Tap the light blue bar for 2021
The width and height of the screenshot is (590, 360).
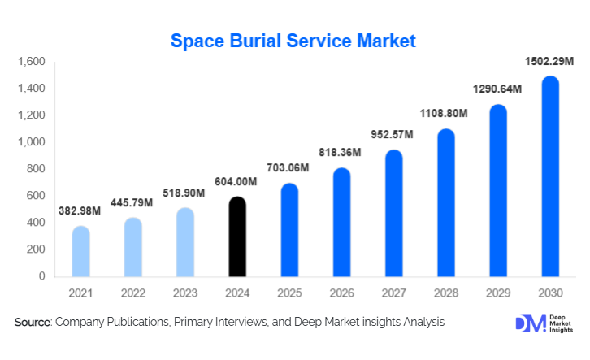point(81,251)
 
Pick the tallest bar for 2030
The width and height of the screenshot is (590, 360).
point(550,176)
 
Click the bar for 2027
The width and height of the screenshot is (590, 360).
point(393,213)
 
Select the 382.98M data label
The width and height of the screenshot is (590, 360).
point(80,211)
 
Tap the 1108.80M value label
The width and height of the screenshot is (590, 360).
point(444,113)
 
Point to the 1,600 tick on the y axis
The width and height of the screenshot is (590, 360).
point(31,62)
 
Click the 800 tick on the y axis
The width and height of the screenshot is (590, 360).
point(36,169)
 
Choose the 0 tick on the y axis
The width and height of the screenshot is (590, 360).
point(41,276)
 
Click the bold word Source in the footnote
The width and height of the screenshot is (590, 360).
point(33,323)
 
